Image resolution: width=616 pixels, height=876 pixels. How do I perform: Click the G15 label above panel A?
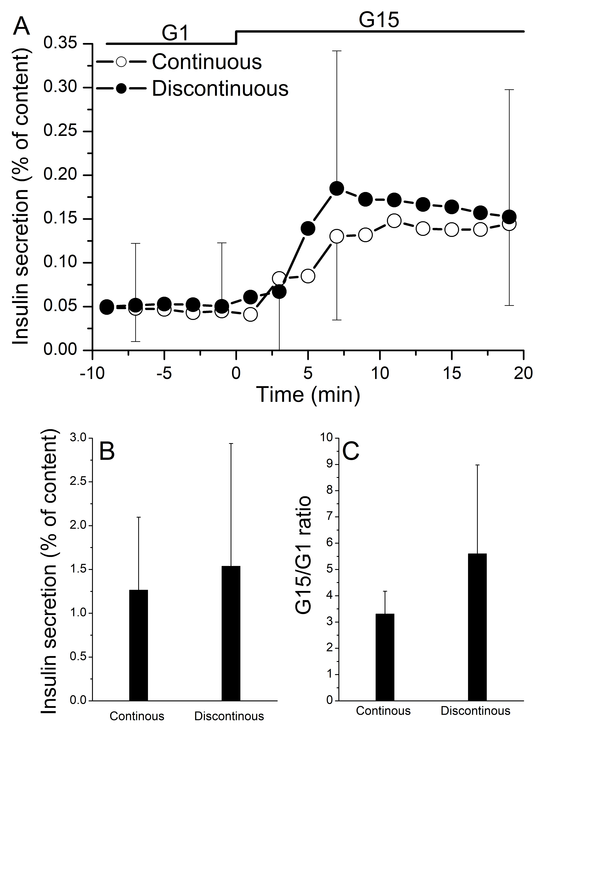tap(379, 20)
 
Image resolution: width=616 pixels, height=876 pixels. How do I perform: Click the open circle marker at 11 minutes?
tap(394, 220)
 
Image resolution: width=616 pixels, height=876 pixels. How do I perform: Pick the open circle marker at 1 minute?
tap(250, 314)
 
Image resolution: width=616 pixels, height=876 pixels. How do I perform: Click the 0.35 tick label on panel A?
tap(60, 43)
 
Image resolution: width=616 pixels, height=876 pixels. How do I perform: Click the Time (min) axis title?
tap(308, 394)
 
